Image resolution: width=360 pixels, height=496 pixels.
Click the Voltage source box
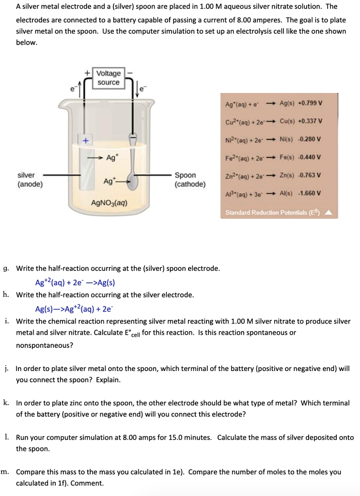tap(109, 78)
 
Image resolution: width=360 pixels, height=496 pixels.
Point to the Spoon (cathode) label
tap(189, 179)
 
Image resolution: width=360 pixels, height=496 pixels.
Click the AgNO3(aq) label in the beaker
tap(110, 203)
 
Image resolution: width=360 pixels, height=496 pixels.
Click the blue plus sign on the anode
tap(85, 141)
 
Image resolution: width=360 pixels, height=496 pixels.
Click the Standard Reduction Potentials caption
tap(274, 213)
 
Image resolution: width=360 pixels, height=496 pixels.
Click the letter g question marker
tap(5, 268)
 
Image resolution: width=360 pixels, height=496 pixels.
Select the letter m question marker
tap(4, 472)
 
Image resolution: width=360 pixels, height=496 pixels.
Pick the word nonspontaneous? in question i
tap(45, 345)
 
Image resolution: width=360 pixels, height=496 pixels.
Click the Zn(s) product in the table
tap(287, 175)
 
